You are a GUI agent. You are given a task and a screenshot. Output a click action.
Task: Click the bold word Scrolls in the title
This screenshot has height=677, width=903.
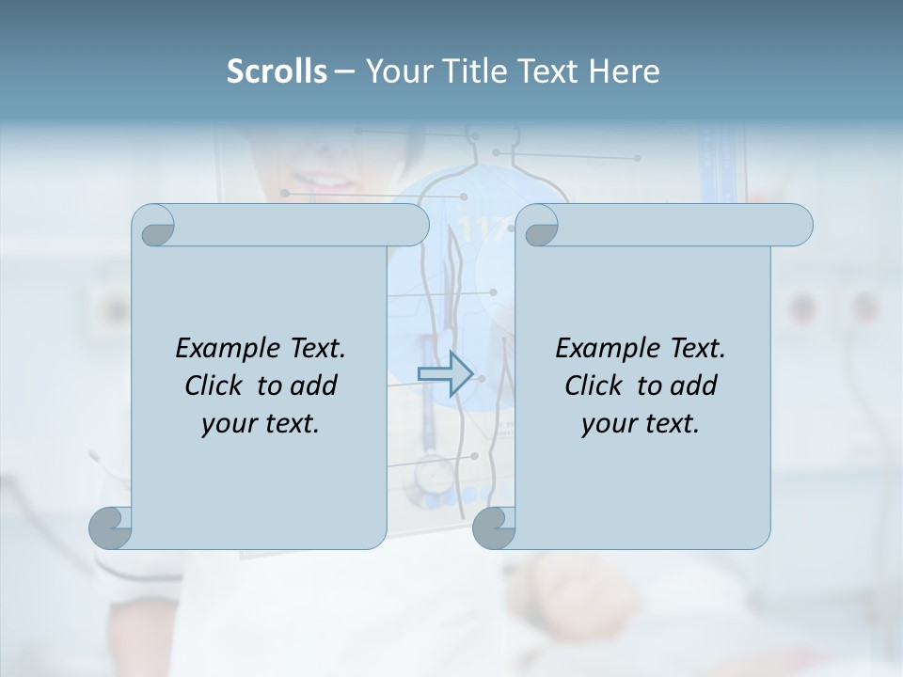tap(277, 71)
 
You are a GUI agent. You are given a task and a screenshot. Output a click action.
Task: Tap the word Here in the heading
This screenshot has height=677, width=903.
tap(624, 71)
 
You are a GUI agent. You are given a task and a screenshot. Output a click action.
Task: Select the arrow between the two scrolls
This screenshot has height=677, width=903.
tap(445, 373)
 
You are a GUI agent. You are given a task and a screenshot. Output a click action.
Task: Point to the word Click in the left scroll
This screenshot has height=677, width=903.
tap(216, 386)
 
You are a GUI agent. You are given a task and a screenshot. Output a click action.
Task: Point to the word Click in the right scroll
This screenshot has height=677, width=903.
tap(596, 386)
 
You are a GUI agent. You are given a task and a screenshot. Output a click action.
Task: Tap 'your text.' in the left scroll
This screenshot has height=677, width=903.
tap(261, 424)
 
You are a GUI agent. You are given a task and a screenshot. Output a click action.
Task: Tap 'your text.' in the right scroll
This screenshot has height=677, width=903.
tap(641, 424)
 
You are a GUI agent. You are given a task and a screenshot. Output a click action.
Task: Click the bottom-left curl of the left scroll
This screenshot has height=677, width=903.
tap(110, 528)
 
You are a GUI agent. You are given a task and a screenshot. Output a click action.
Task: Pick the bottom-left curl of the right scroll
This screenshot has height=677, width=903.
tap(493, 528)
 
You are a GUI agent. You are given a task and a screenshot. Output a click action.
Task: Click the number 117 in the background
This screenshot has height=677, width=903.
tap(481, 228)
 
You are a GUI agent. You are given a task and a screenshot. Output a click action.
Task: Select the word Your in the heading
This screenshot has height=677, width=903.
tap(396, 71)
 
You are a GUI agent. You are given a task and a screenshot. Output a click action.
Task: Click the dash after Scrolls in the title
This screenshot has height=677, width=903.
tap(344, 71)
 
